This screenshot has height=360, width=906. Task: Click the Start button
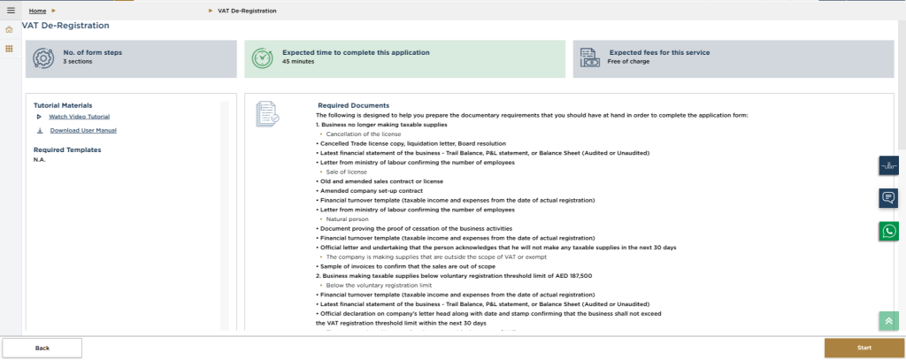coord(864,348)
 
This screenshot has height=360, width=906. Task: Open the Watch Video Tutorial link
coord(79,117)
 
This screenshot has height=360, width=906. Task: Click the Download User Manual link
coord(82,131)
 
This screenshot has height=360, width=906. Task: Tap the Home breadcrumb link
coord(37,11)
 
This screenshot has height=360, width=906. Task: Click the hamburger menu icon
coord(11,11)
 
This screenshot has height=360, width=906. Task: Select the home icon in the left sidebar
coord(10,30)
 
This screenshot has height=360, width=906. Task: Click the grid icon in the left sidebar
coord(10,48)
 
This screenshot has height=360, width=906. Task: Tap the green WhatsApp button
coord(888,231)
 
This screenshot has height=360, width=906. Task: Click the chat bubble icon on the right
coord(888,197)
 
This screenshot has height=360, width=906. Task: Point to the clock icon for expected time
coord(262,57)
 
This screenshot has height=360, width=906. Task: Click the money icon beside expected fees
coord(590,57)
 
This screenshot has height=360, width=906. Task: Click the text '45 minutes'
coord(297,63)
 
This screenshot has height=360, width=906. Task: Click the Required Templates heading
coord(67,149)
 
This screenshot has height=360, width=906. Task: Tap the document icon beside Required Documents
coord(267,112)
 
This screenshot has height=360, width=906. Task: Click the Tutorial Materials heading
coord(63,105)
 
